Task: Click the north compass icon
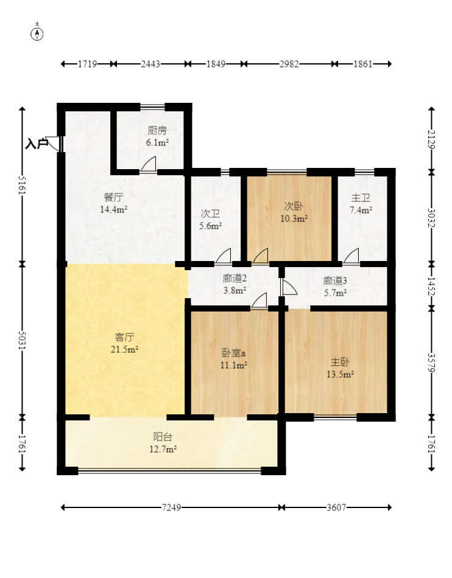[x=37, y=34]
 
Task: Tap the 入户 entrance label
[x=37, y=144]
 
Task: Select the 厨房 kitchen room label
[x=157, y=130]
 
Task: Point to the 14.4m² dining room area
[x=114, y=209]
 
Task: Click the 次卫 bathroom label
[x=210, y=214]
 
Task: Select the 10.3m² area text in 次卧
[x=294, y=218]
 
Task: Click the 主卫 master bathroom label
[x=361, y=198]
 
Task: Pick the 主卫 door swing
[x=351, y=256]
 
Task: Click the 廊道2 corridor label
[x=235, y=279]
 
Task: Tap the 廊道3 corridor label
[x=335, y=281]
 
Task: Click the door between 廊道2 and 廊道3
[x=289, y=287]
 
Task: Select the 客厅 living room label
[x=125, y=337]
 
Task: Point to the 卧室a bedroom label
[x=233, y=353]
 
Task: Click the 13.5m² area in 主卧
[x=340, y=375]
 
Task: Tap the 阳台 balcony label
[x=163, y=437]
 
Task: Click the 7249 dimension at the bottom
[x=172, y=507]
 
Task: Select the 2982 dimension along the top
[x=289, y=64]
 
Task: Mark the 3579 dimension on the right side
[x=431, y=363]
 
